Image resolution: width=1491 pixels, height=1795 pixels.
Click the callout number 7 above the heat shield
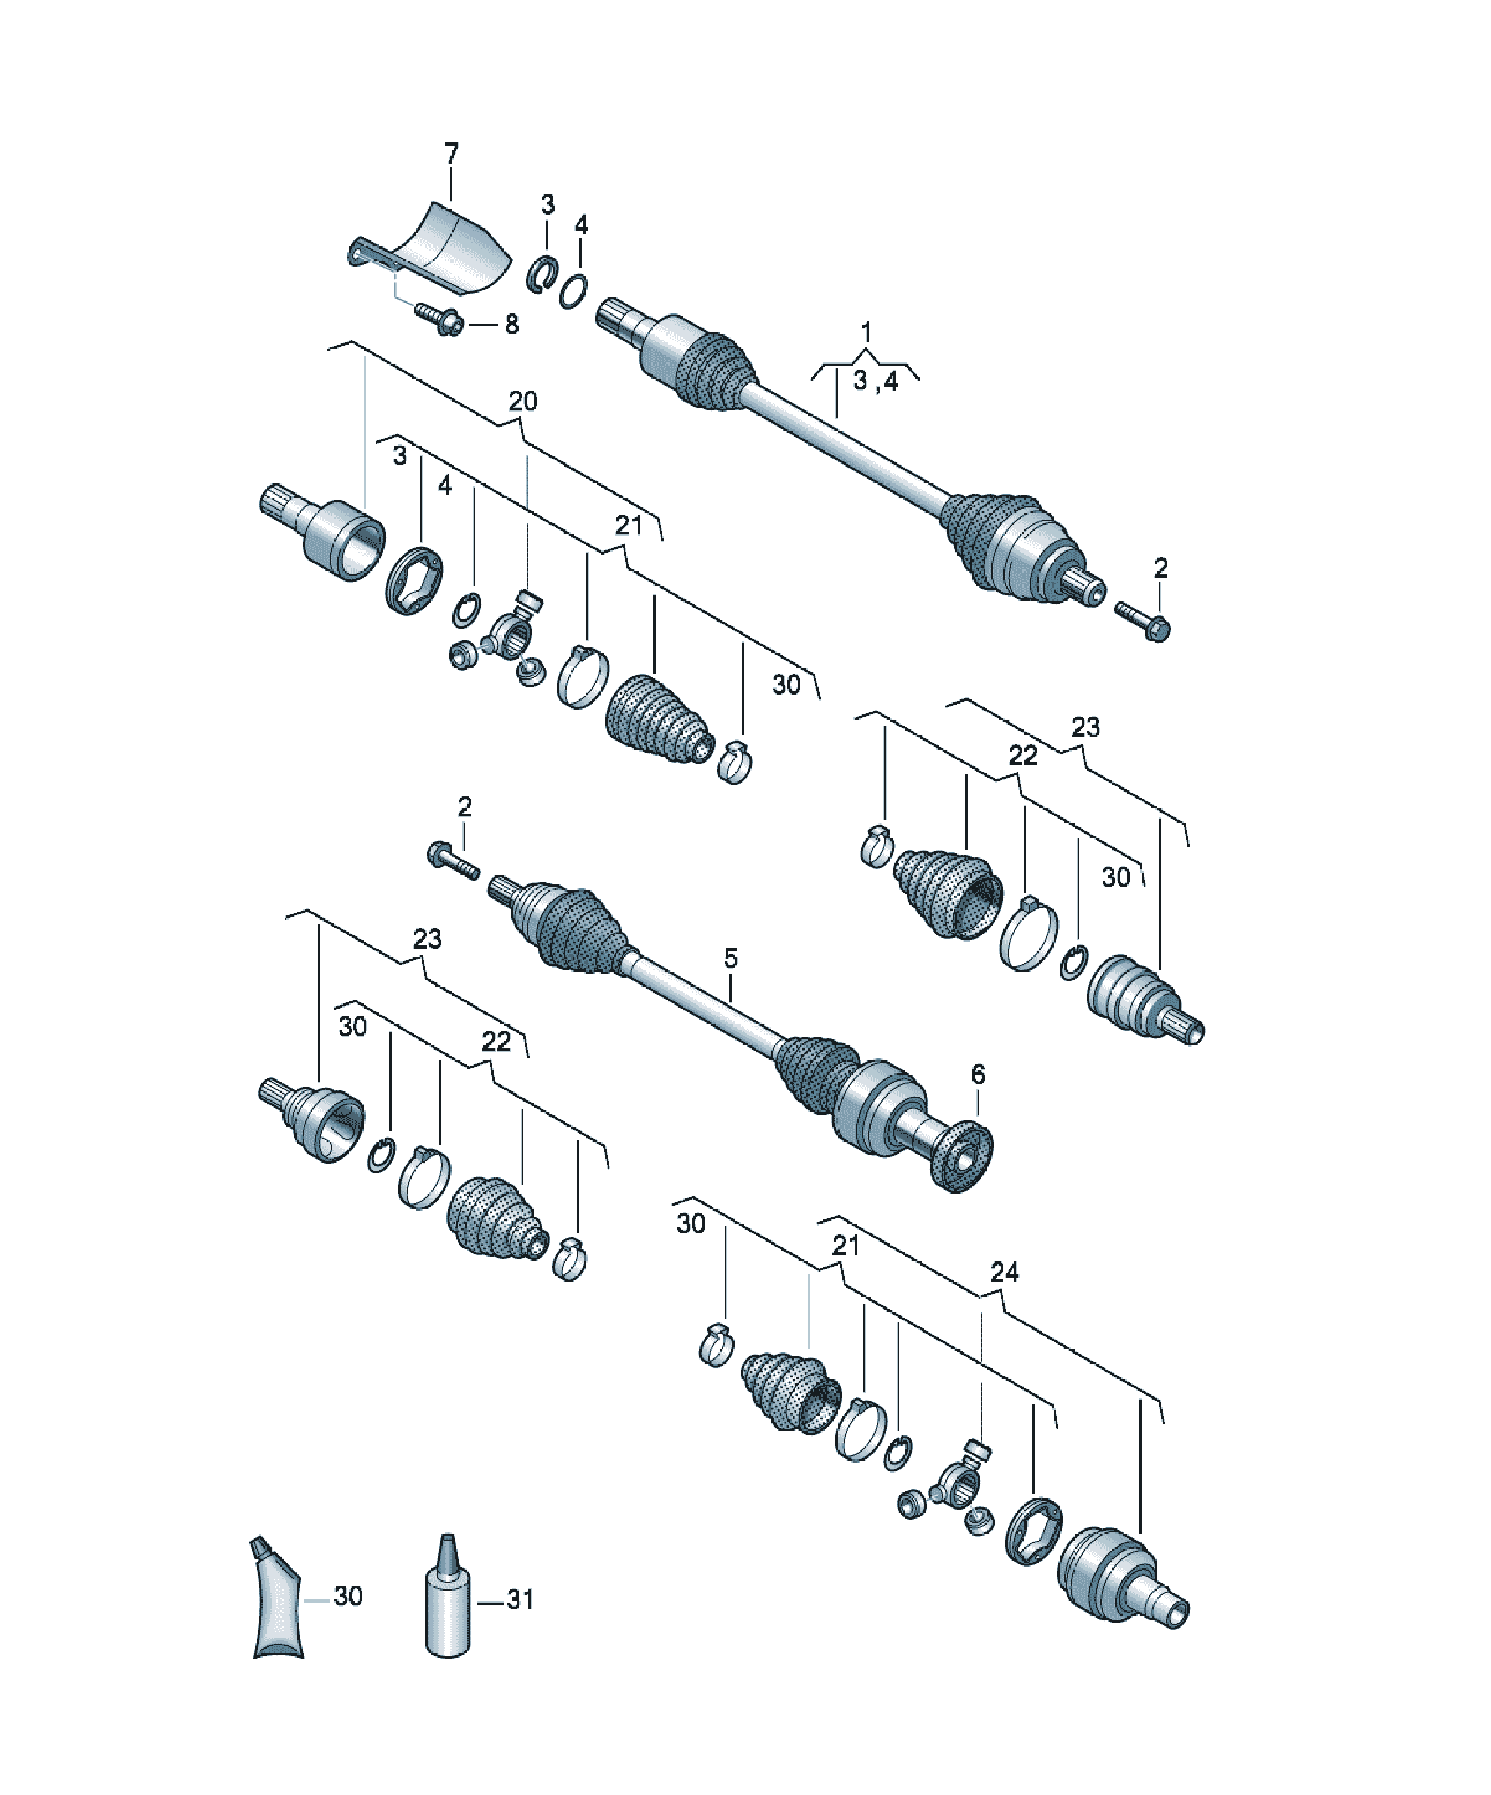(x=450, y=154)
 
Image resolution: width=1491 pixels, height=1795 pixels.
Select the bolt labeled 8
(x=439, y=320)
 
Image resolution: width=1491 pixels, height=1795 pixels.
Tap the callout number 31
(x=520, y=1599)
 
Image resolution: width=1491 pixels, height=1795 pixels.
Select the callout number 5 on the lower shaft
(x=729, y=958)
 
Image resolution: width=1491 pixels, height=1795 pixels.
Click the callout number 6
(x=978, y=1074)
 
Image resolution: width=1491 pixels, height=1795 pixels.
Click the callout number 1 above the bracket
(x=866, y=331)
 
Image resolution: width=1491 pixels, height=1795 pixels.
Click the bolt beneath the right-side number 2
(x=1142, y=620)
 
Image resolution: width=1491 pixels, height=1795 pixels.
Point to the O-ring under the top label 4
(x=574, y=290)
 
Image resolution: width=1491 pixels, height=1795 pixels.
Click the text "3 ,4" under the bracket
(x=875, y=381)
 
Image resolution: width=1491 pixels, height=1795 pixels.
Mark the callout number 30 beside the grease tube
(x=348, y=1596)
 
